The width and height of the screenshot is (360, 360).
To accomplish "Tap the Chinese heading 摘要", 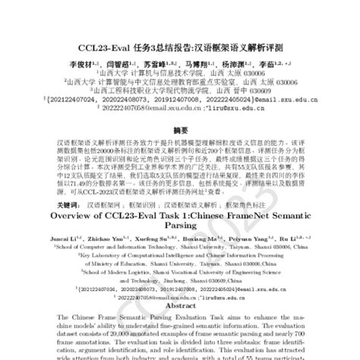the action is pyautogui.click(x=180, y=131).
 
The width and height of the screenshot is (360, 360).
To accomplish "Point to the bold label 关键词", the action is pyautogui.click(x=66, y=205).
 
